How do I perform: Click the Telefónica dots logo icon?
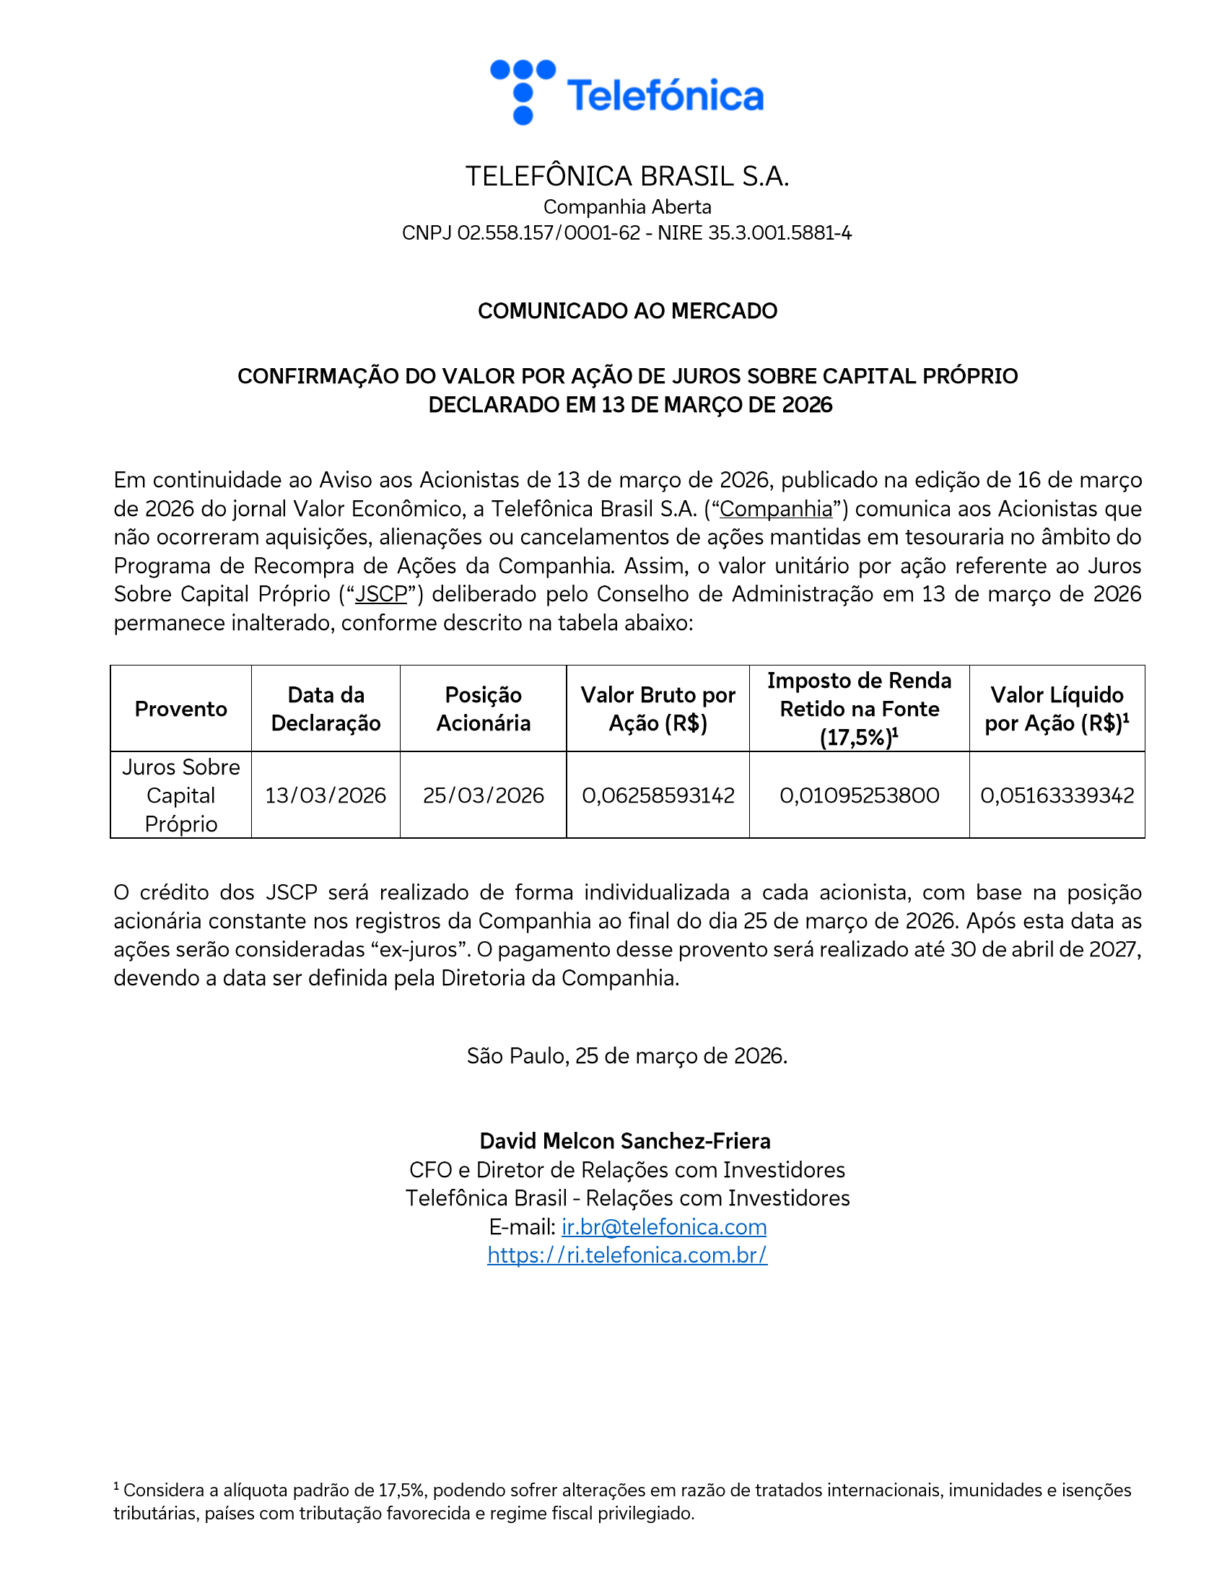coord(523,92)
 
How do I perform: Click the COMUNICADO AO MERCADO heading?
coord(627,311)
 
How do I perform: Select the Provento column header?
coord(181,709)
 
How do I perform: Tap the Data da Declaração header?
coord(326,709)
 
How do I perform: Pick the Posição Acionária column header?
coord(484,709)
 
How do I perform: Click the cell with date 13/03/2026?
coord(326,795)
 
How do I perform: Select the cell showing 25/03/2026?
coord(484,795)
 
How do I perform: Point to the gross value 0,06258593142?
coord(658,795)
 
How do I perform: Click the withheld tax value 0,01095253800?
coord(859,795)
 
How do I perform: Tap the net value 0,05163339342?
coord(1057,795)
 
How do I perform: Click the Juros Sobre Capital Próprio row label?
coord(181,795)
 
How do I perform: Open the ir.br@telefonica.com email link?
coord(663,1227)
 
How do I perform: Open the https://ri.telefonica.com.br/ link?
coord(627,1256)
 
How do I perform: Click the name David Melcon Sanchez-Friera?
coord(625,1142)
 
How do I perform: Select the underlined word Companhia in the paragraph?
coord(776,509)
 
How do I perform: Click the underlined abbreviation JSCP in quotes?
coord(381,595)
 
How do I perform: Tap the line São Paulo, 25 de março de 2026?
coord(626,1056)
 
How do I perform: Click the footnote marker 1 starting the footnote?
coord(116,1487)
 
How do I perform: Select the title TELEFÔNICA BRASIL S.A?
coord(627,177)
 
